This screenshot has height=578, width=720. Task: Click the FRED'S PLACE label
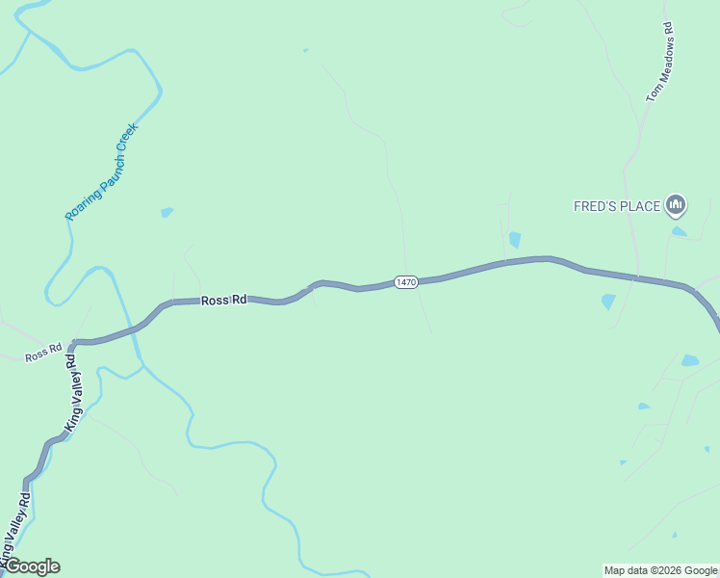pos(617,206)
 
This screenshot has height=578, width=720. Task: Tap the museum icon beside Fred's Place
pos(676,204)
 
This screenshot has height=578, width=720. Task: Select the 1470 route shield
pos(405,282)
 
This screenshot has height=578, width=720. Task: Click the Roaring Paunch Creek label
pos(102,171)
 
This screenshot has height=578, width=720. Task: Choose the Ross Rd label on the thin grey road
pos(43,355)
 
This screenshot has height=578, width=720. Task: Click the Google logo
pos(32,566)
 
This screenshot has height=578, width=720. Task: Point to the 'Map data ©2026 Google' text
pos(660,570)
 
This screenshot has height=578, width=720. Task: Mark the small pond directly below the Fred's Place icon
pos(680,231)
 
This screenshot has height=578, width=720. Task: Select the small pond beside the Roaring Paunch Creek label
pos(167,212)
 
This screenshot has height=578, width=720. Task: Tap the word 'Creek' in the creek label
pos(127,137)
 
